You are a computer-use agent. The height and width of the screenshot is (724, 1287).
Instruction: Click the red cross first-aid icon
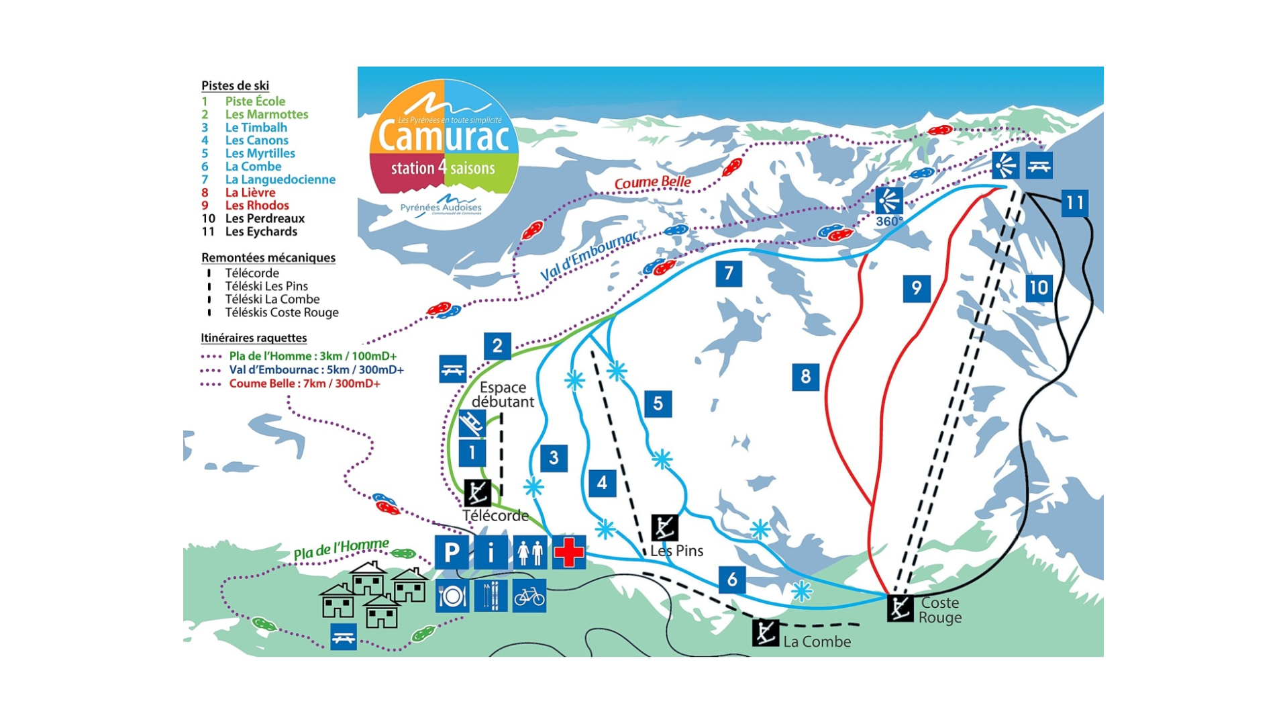coord(569,552)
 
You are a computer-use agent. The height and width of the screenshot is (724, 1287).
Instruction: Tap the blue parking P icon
coord(451,552)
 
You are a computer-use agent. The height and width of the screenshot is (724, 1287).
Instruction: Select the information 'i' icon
coord(491,552)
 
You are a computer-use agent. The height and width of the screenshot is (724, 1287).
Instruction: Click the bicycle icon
coord(529,596)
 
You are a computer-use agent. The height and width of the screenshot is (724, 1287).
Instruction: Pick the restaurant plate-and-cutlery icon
coord(452,596)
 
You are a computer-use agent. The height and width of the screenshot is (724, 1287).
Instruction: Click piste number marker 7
coord(729,273)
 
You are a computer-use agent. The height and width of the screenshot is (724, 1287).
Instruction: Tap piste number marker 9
coord(916,289)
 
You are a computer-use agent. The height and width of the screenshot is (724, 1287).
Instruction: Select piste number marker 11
coord(1074,203)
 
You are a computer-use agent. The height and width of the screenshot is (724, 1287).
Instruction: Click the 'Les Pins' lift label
coord(676,551)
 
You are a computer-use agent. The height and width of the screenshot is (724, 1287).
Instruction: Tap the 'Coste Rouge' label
coord(939,610)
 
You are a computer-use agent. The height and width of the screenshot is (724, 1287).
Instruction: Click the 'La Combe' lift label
coord(817,641)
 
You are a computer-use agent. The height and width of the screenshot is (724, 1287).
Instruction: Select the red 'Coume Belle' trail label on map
coord(652,183)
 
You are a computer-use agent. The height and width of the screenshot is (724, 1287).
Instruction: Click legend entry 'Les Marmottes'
coord(266,114)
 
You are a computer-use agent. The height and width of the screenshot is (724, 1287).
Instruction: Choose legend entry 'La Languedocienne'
coord(280,179)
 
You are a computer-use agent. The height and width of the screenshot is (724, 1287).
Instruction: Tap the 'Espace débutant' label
coord(503,395)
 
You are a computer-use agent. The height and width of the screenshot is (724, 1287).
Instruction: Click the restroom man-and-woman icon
coord(530,552)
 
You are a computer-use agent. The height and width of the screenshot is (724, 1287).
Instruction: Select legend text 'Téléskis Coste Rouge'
coord(281,312)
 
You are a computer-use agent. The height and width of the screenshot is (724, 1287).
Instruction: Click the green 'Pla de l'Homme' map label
coord(341,549)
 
